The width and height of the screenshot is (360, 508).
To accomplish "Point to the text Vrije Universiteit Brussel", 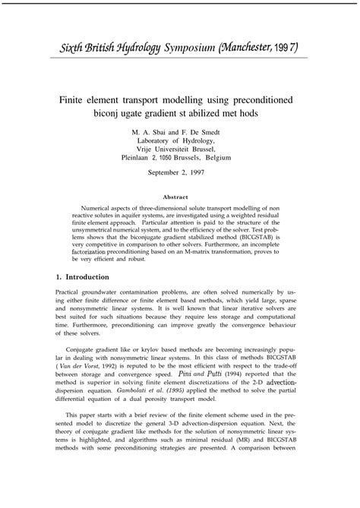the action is (x=179, y=149).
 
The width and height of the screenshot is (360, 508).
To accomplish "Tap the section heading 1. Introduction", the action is (x=88, y=276).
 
